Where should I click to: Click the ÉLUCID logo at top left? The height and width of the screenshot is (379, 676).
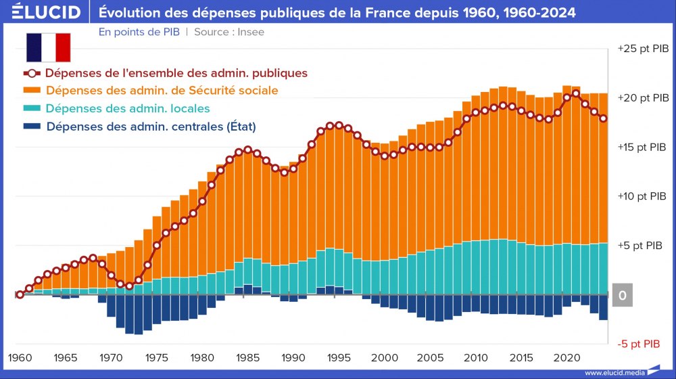click(x=41, y=12)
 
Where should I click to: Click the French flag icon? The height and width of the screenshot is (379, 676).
click(x=48, y=47)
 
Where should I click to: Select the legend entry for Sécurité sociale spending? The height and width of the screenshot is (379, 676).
click(x=162, y=90)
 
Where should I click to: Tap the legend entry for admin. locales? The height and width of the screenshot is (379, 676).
click(x=127, y=108)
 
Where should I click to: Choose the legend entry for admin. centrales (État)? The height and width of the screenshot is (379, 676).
click(x=151, y=127)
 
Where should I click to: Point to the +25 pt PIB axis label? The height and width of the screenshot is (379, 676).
click(x=643, y=49)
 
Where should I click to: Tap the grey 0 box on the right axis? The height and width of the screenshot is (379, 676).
click(x=623, y=296)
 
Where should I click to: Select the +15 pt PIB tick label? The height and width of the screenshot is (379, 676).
click(x=643, y=148)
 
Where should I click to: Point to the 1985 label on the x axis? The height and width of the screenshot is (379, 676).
click(x=247, y=357)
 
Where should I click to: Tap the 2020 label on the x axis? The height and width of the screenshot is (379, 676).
click(x=566, y=357)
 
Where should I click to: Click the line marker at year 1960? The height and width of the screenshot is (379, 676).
click(x=20, y=294)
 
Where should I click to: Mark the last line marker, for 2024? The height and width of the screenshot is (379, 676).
click(x=603, y=118)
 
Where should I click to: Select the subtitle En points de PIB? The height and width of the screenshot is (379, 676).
click(x=139, y=32)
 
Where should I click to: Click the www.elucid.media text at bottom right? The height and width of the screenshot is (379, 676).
click(x=614, y=372)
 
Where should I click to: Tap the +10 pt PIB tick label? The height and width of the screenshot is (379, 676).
click(x=643, y=196)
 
